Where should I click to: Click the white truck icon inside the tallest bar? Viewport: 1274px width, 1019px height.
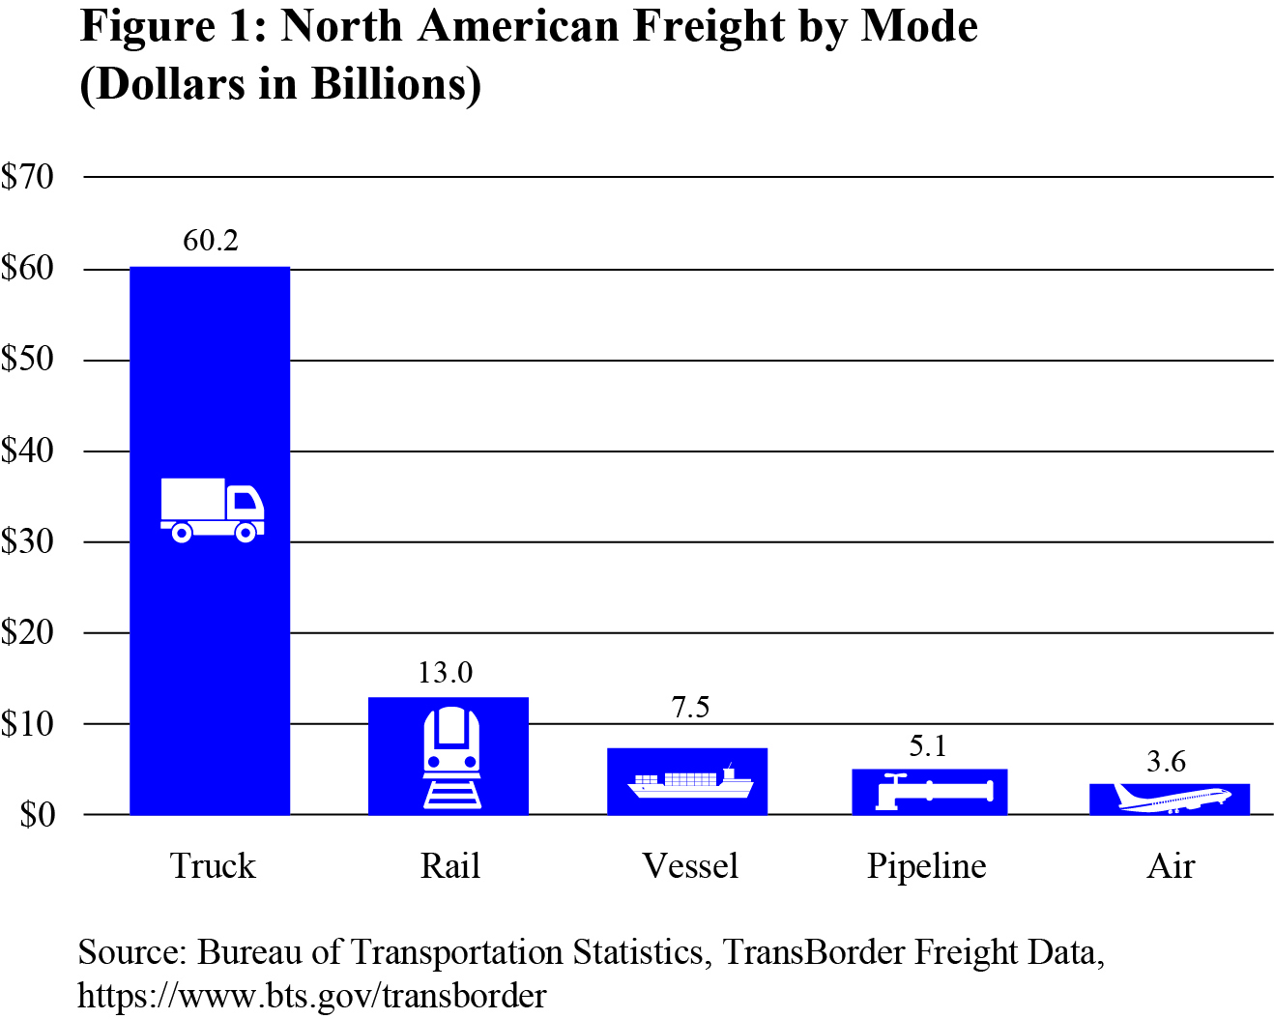pyautogui.click(x=212, y=509)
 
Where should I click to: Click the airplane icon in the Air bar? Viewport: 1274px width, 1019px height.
pyautogui.click(x=1173, y=799)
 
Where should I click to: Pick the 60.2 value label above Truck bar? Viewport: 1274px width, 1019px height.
pyautogui.click(x=211, y=241)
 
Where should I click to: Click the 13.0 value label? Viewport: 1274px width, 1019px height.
pyautogui.click(x=446, y=673)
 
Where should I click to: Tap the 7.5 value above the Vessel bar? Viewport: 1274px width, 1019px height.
pyautogui.click(x=690, y=708)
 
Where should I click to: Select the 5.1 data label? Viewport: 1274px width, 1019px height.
pyautogui.click(x=928, y=746)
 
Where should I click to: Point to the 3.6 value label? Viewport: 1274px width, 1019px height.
pyautogui.click(x=1166, y=763)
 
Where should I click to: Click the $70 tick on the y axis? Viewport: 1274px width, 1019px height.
pyautogui.click(x=28, y=177)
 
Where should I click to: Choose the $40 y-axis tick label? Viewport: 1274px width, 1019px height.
pyautogui.click(x=28, y=451)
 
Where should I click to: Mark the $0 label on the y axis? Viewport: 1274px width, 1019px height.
pyautogui.click(x=37, y=815)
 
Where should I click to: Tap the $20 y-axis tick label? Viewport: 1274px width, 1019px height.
pyautogui.click(x=28, y=633)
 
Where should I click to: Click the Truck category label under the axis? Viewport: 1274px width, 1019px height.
pyautogui.click(x=213, y=866)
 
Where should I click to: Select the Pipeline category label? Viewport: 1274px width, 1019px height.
pyautogui.click(x=926, y=866)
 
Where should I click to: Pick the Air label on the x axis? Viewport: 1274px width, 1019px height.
pyautogui.click(x=1171, y=866)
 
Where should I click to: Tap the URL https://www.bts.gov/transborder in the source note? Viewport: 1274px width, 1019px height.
pyautogui.click(x=312, y=995)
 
